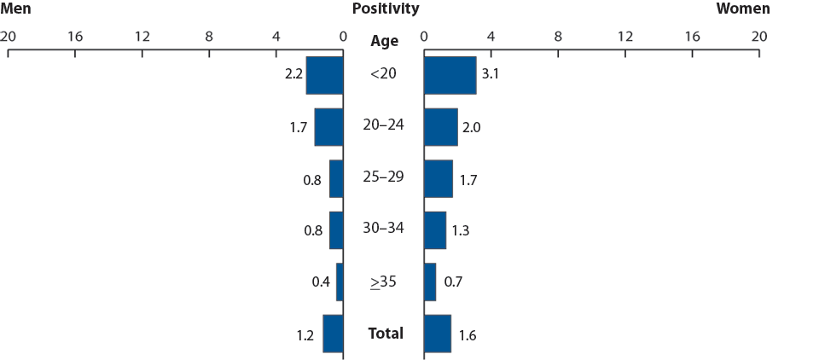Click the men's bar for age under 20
(324, 75)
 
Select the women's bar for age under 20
(450, 75)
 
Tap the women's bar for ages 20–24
(440, 127)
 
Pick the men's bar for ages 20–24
(328, 127)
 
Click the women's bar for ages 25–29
(438, 178)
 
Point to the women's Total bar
(437, 334)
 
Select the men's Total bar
(333, 334)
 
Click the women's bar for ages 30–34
(434, 230)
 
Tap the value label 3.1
(490, 74)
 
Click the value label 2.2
(294, 74)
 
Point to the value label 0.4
(321, 282)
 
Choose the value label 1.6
(467, 334)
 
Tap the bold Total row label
(386, 333)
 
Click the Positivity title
(385, 9)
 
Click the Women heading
(742, 9)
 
